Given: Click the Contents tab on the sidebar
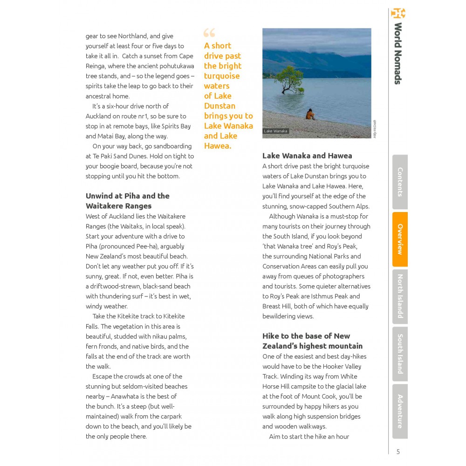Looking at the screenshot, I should tap(400, 182).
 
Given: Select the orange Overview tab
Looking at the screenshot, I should tap(400, 239).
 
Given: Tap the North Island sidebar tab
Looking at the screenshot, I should tap(400, 296).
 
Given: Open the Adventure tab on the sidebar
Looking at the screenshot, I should tap(400, 411).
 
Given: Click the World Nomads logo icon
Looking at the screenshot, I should tap(398, 13).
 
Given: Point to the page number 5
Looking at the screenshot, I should tap(398, 452).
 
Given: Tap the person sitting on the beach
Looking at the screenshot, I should tap(309, 115).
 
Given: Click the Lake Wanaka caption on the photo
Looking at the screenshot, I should tap(276, 131).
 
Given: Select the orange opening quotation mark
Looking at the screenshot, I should tap(209, 33).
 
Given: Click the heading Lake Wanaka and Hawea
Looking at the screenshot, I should tap(307, 156).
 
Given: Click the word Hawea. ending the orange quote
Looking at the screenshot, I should tap(217, 146).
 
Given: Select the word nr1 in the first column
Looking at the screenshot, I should tap(151, 116).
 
